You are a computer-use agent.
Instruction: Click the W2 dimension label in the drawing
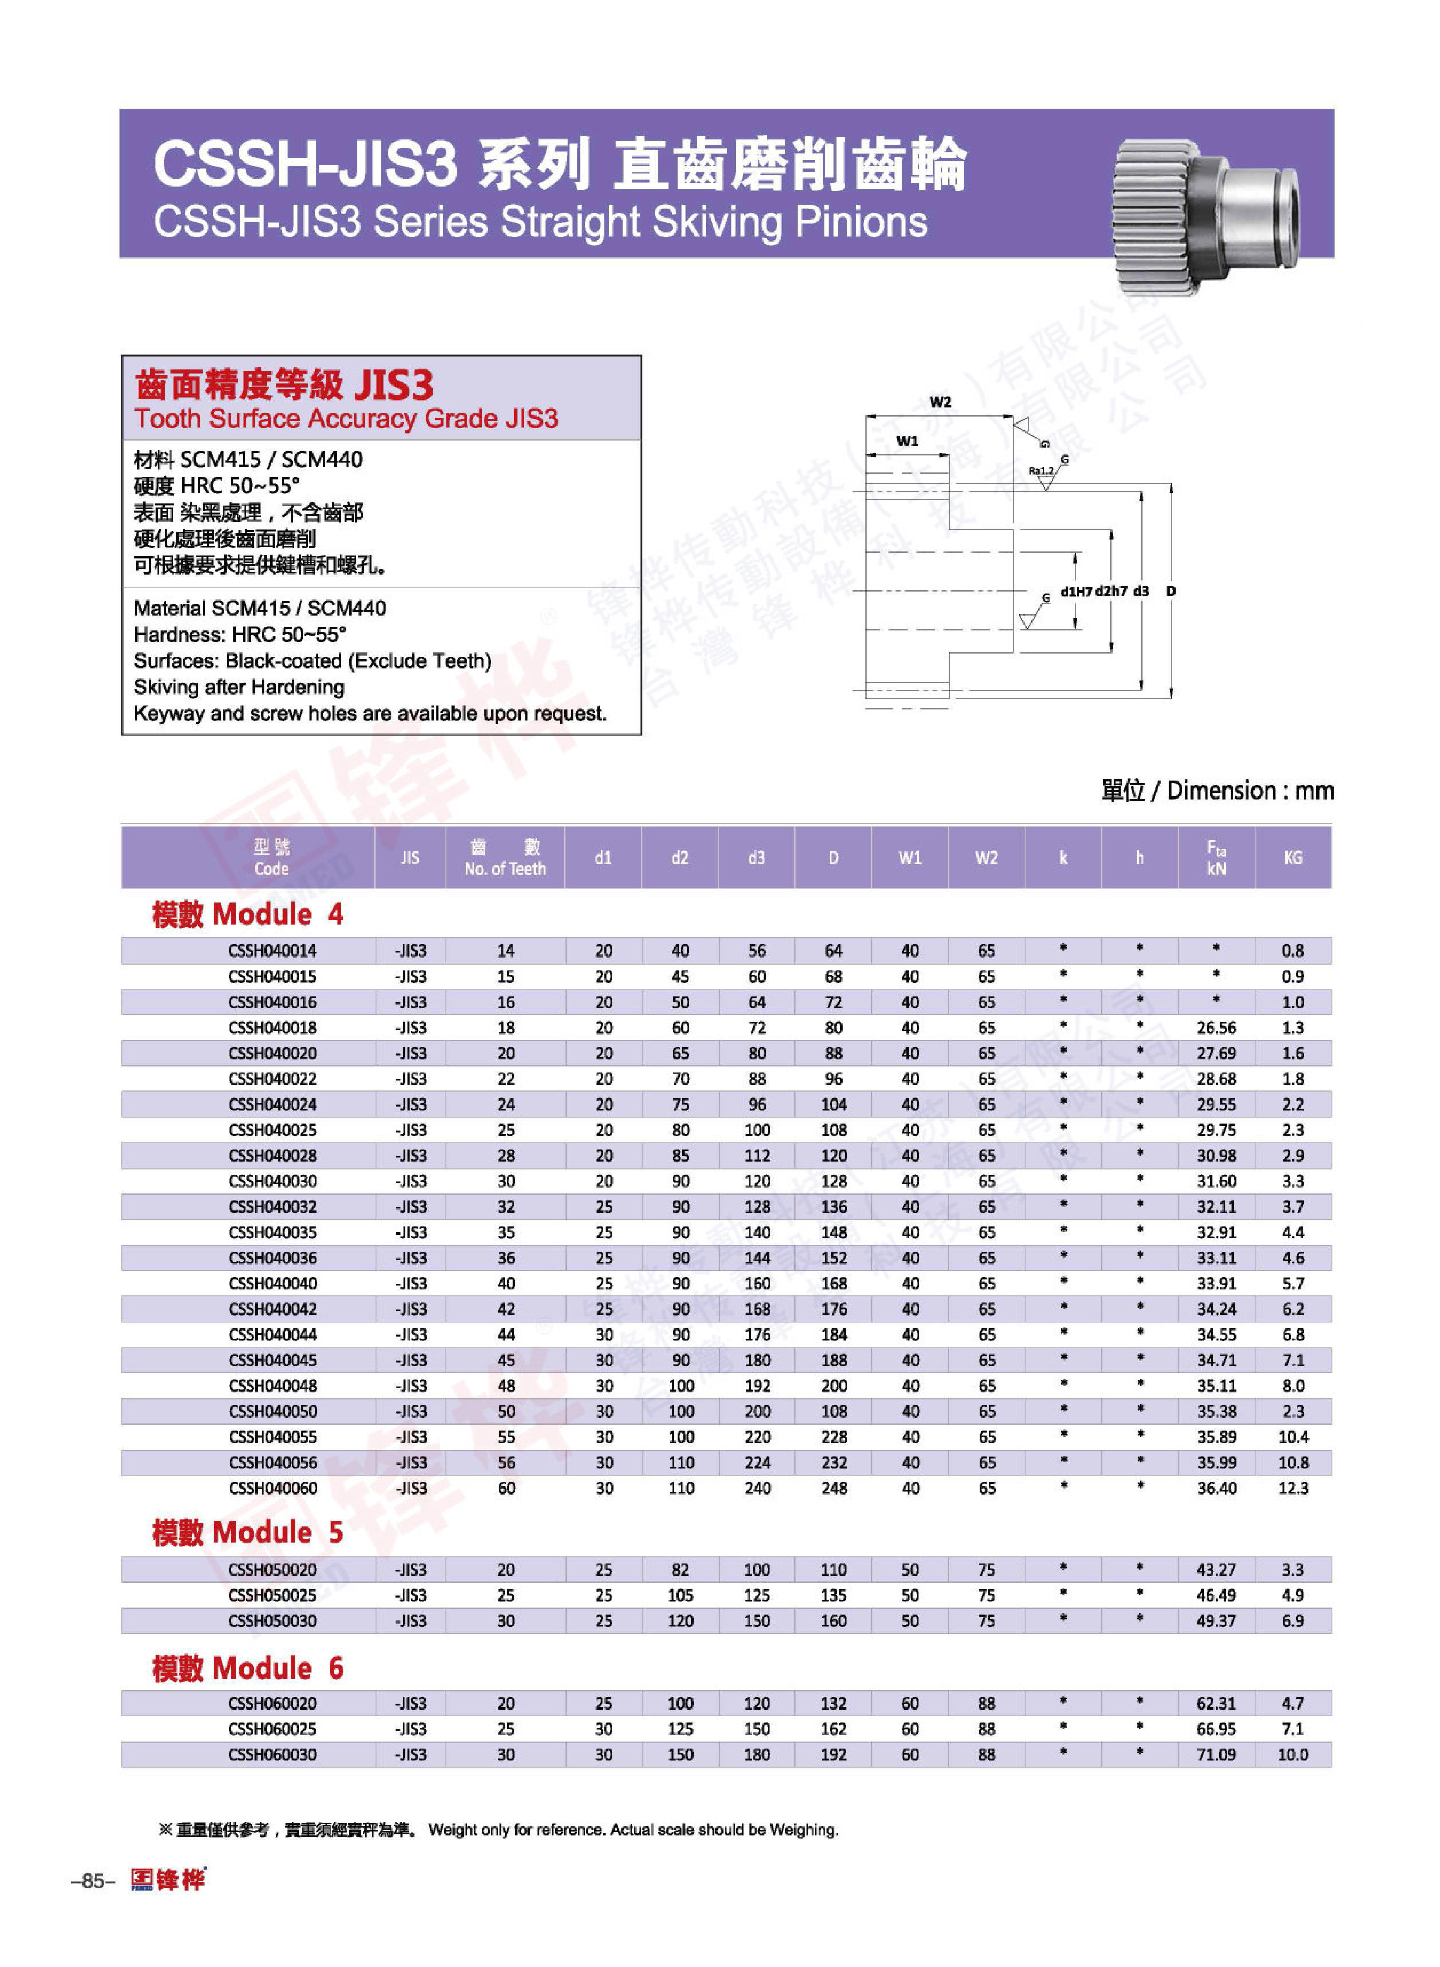940,402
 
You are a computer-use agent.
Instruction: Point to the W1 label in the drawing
907,441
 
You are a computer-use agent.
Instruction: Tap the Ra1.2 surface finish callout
1041,471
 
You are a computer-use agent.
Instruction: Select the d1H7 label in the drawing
1076,591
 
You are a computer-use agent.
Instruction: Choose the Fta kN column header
1216,858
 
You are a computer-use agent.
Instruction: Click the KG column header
1293,858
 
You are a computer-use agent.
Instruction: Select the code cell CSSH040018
272,1028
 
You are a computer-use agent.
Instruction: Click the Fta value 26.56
1216,1028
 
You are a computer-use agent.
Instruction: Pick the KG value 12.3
1293,1488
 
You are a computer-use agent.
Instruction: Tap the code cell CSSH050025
272,1595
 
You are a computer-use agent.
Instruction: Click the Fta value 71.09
1216,1754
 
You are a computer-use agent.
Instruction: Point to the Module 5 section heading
248,1532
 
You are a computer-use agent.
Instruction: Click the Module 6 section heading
248,1668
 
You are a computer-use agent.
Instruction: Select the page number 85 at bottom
92,1881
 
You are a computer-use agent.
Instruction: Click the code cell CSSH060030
272,1754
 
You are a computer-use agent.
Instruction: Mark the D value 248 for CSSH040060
834,1488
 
